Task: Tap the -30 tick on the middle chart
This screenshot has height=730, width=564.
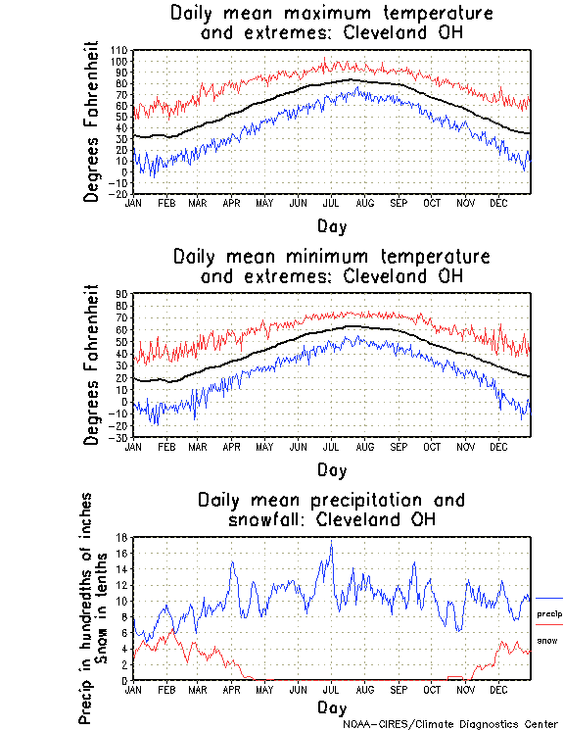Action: tap(120, 437)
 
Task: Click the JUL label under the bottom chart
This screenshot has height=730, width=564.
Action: tap(331, 689)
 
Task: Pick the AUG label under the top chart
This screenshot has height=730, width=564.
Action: tap(364, 203)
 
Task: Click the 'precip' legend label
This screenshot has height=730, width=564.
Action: tap(549, 613)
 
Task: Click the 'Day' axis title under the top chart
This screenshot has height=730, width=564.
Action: tap(332, 225)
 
